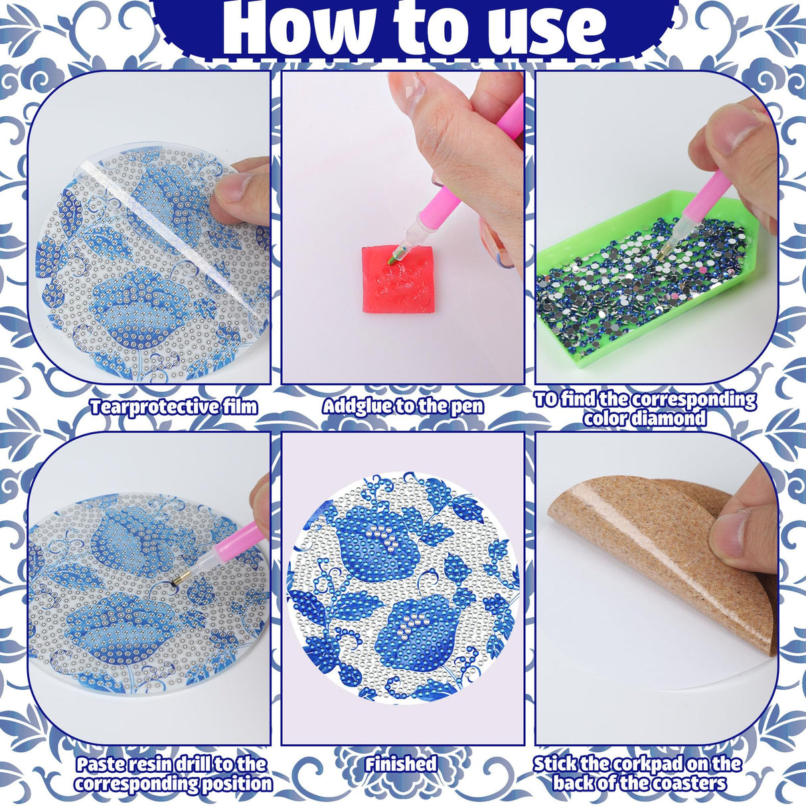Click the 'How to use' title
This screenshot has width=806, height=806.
(414, 28)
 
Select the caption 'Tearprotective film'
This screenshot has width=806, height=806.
(173, 406)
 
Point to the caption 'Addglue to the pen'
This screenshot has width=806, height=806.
(403, 406)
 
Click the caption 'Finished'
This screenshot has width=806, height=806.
(400, 764)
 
